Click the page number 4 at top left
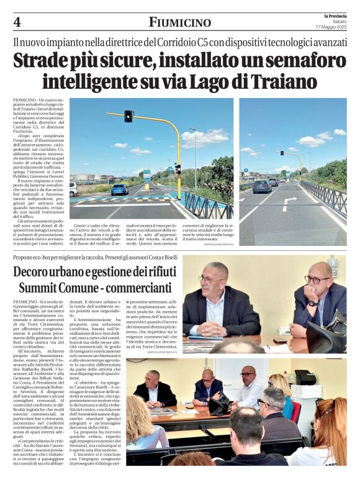17,22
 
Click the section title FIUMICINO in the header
179,22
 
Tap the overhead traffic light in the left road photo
128,116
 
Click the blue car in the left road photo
120,189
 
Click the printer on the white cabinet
305,377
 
